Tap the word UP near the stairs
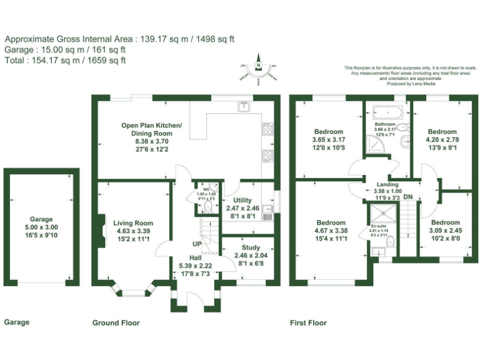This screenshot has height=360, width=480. [x=196, y=244]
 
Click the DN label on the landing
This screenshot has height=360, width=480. [x=407, y=197]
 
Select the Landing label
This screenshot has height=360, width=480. [x=387, y=185]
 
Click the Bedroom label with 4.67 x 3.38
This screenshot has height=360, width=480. [x=331, y=223]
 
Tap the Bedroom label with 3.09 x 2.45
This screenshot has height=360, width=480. [x=446, y=222]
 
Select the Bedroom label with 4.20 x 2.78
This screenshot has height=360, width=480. [x=442, y=132]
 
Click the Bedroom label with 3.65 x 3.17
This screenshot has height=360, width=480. [x=328, y=132]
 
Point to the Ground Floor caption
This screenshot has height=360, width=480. [x=116, y=323]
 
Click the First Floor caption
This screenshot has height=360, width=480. [x=308, y=323]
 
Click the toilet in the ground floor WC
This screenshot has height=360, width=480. [x=209, y=204]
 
